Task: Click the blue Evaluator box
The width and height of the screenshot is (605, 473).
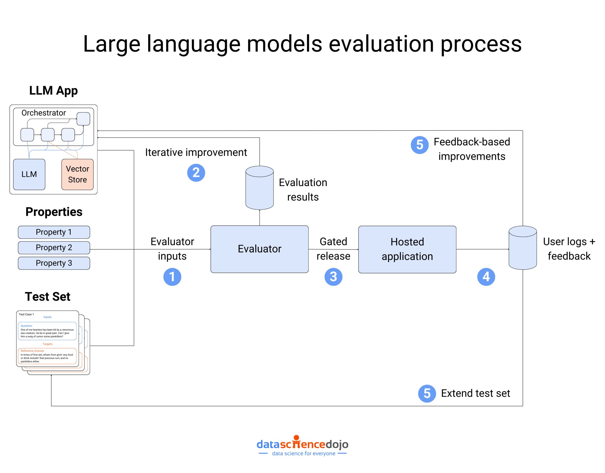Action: tap(259, 249)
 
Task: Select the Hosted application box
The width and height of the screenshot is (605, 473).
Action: tap(407, 249)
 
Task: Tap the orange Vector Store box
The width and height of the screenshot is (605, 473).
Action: tap(77, 174)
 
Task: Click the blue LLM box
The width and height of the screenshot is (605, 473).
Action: tap(29, 174)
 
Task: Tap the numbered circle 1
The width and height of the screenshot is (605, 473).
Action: tap(172, 277)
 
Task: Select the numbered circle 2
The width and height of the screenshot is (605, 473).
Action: tap(196, 173)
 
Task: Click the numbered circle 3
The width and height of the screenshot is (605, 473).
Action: tap(333, 277)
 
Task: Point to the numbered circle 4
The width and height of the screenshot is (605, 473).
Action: tap(486, 277)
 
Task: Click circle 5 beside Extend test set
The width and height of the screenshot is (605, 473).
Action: tap(427, 394)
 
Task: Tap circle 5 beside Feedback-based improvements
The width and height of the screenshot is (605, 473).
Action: tap(419, 145)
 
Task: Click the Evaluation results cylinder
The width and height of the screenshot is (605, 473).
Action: tap(259, 188)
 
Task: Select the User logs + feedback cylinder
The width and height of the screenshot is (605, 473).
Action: tap(523, 248)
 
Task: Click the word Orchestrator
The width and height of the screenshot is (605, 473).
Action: tap(43, 113)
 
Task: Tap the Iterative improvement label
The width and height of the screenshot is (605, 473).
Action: tap(196, 153)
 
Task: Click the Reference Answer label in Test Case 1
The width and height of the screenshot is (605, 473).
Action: tap(32, 351)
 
